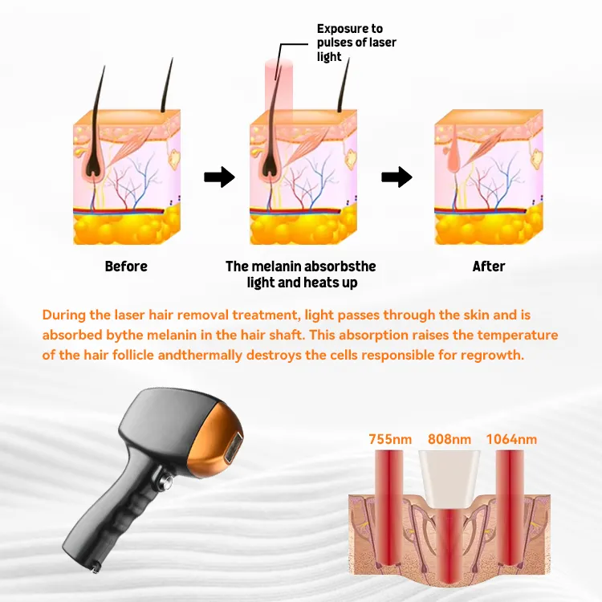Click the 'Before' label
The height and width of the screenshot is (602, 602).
pyautogui.click(x=126, y=266)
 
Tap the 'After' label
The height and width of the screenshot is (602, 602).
pyautogui.click(x=488, y=266)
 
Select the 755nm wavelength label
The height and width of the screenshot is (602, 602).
pyautogui.click(x=390, y=439)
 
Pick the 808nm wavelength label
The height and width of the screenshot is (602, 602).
pyautogui.click(x=449, y=439)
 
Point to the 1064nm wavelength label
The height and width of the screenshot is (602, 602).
pyautogui.click(x=511, y=439)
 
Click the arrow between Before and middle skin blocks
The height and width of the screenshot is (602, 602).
pyautogui.click(x=219, y=177)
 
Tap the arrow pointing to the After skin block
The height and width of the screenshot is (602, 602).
pyautogui.click(x=397, y=177)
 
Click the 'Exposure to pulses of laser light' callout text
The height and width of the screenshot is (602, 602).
pyautogui.click(x=356, y=43)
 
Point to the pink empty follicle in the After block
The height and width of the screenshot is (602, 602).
pyautogui.click(x=454, y=153)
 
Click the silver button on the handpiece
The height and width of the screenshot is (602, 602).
pyautogui.click(x=167, y=480)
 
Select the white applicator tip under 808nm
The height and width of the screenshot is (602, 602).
pyautogui.click(x=449, y=479)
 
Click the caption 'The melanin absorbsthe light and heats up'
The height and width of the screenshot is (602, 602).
pyautogui.click(x=301, y=275)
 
